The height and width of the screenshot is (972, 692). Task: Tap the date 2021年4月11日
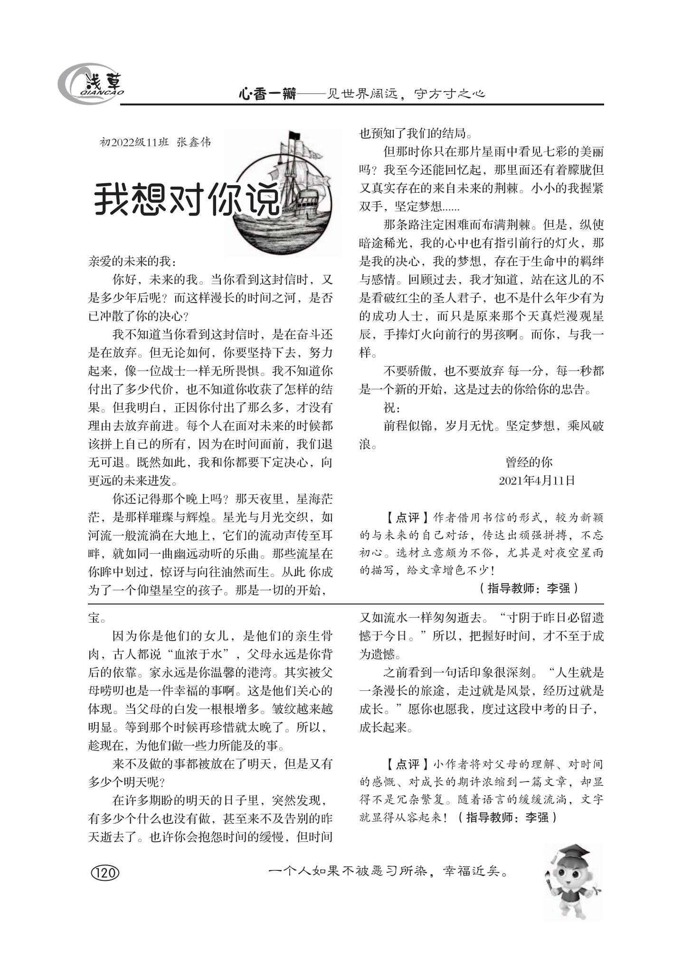[x=537, y=481]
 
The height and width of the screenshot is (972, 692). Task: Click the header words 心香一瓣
[x=267, y=94]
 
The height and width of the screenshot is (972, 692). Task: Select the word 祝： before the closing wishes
[x=392, y=408]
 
